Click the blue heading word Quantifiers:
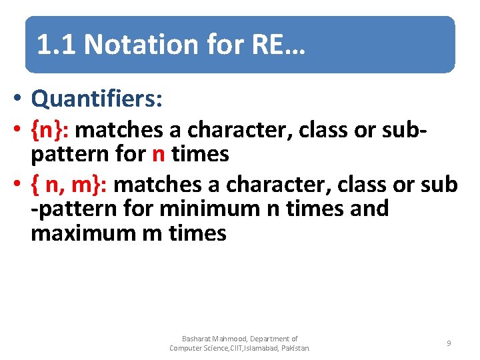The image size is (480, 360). pos(97,99)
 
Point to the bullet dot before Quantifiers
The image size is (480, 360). pos(21,100)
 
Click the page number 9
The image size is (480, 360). pos(449,343)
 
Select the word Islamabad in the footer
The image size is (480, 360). pos(261,348)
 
